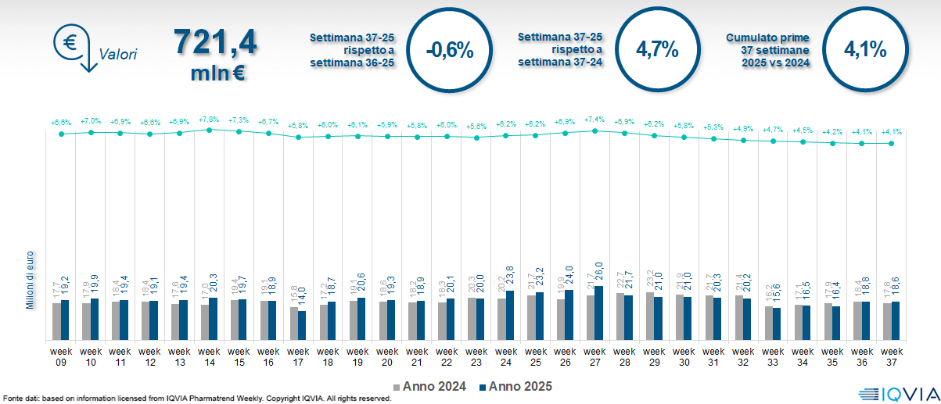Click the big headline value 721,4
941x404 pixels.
214,41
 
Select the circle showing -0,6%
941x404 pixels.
450,50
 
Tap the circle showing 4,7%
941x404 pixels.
657,50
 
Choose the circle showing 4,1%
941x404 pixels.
865,50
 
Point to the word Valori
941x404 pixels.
118,55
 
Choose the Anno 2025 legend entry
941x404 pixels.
515,386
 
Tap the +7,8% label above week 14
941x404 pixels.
209,120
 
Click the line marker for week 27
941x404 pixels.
594,130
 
